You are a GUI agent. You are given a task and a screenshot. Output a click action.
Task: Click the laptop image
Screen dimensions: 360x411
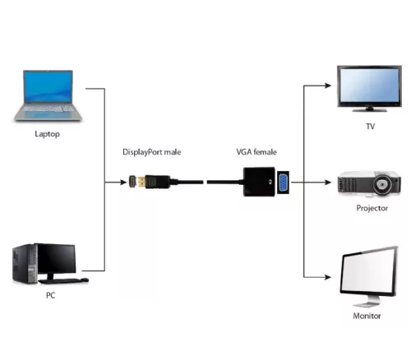[x=46, y=95]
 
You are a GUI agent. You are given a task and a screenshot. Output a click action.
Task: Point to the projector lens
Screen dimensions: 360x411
[x=383, y=184]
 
